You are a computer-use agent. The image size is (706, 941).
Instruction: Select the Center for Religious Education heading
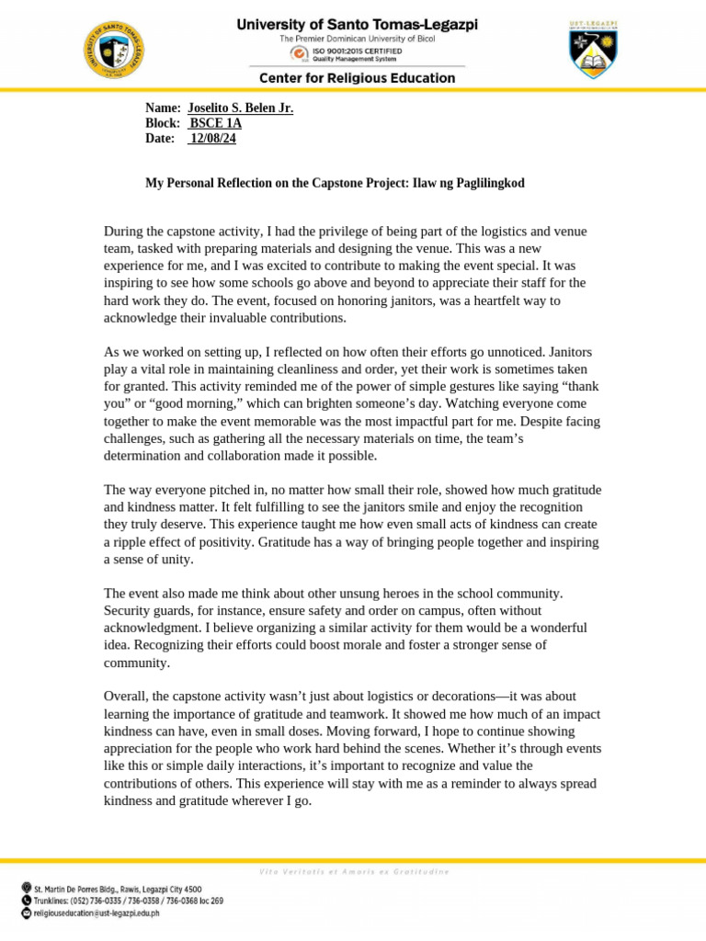point(358,78)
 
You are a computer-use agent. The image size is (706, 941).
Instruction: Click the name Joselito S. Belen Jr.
point(240,108)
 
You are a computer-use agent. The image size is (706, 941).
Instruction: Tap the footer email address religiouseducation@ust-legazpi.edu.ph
point(97,913)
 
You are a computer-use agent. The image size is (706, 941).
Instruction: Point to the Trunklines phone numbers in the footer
point(128,901)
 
